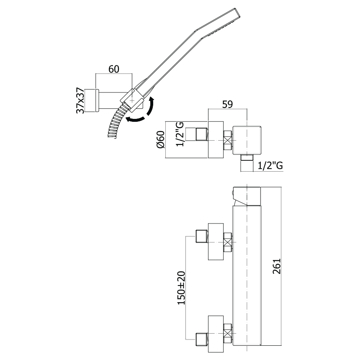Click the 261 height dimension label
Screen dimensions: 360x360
[277, 266]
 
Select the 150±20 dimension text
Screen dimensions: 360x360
[181, 288]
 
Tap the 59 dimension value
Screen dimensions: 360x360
[227, 104]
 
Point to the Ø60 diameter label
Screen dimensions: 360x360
[160, 139]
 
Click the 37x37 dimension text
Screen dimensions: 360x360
[80, 100]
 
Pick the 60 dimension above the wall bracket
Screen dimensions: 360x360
[113, 69]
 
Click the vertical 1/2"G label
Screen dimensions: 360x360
[180, 134]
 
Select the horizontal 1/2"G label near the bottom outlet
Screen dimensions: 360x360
[270, 165]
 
